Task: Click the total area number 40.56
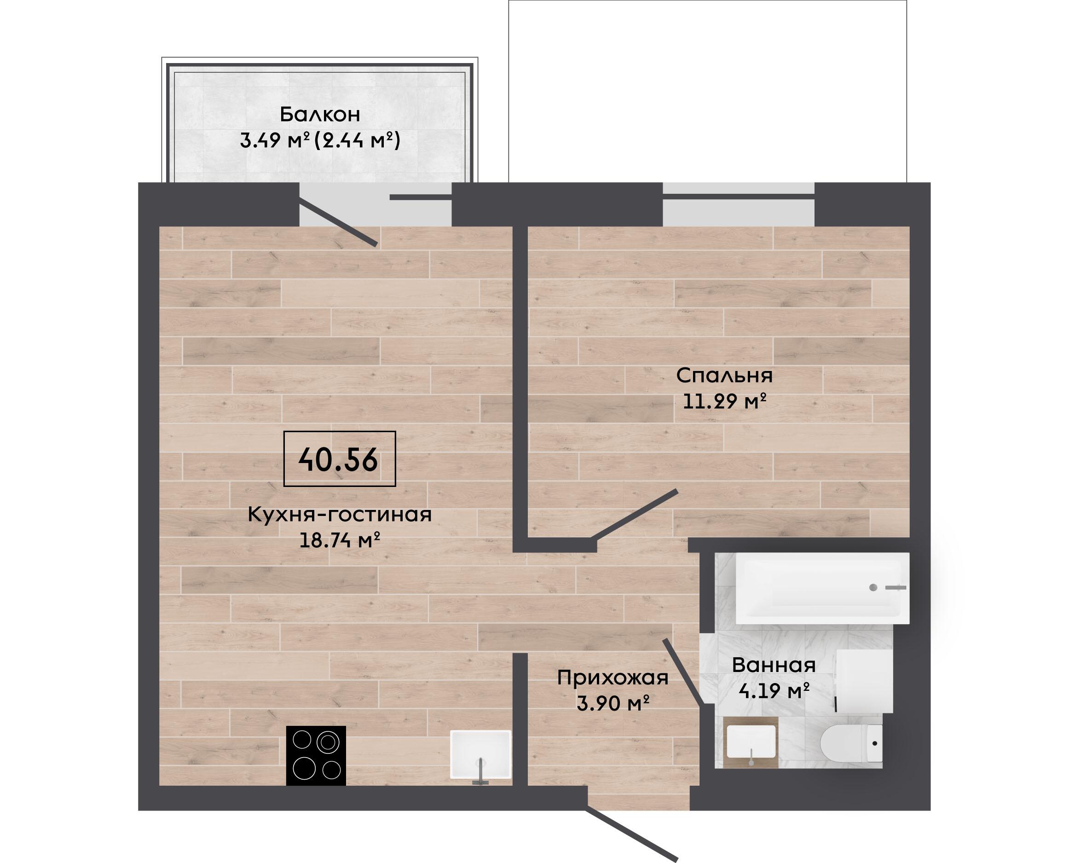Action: point(338,460)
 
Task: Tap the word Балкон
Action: point(319,114)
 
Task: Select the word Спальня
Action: point(725,376)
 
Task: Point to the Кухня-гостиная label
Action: point(340,515)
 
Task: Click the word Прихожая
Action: point(613,678)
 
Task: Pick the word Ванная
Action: point(774,665)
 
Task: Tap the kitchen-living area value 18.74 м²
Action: point(340,540)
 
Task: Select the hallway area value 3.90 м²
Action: point(613,703)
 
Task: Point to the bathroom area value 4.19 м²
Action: point(774,690)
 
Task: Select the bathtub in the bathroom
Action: point(822,588)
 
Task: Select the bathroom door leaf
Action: point(683,672)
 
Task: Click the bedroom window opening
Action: point(739,204)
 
